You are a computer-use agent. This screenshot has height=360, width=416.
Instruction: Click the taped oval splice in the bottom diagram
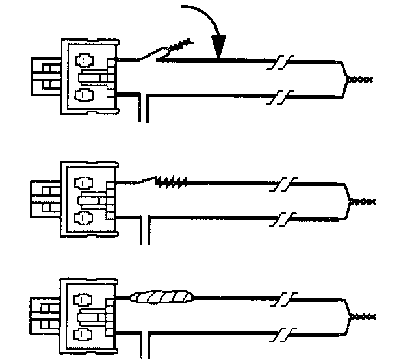click(162, 298)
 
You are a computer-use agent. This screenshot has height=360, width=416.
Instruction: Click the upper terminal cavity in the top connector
click(84, 60)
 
